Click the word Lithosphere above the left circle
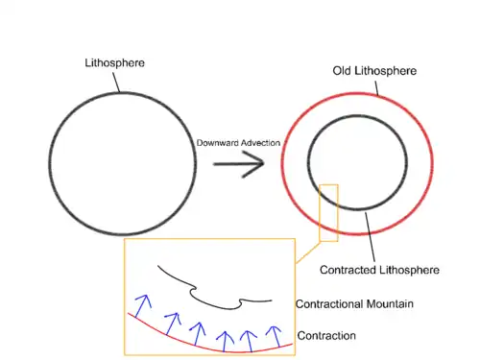(x=114, y=62)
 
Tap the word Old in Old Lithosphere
(x=342, y=71)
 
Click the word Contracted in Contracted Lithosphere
(x=348, y=270)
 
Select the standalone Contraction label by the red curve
(x=326, y=336)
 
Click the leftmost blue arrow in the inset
(x=143, y=306)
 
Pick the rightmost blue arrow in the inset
(x=276, y=337)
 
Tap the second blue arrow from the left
(x=172, y=324)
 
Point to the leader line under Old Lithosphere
(x=376, y=88)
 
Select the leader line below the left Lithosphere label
(x=116, y=83)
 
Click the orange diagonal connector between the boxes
(x=307, y=252)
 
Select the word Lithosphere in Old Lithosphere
(x=385, y=71)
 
